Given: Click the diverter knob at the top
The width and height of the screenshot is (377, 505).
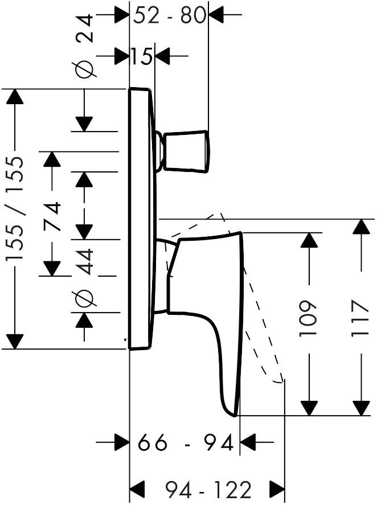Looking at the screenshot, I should [x=185, y=151].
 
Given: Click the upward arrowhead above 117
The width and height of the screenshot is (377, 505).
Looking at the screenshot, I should [x=360, y=227].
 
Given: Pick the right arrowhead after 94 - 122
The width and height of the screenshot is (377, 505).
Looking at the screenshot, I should [x=277, y=488].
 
